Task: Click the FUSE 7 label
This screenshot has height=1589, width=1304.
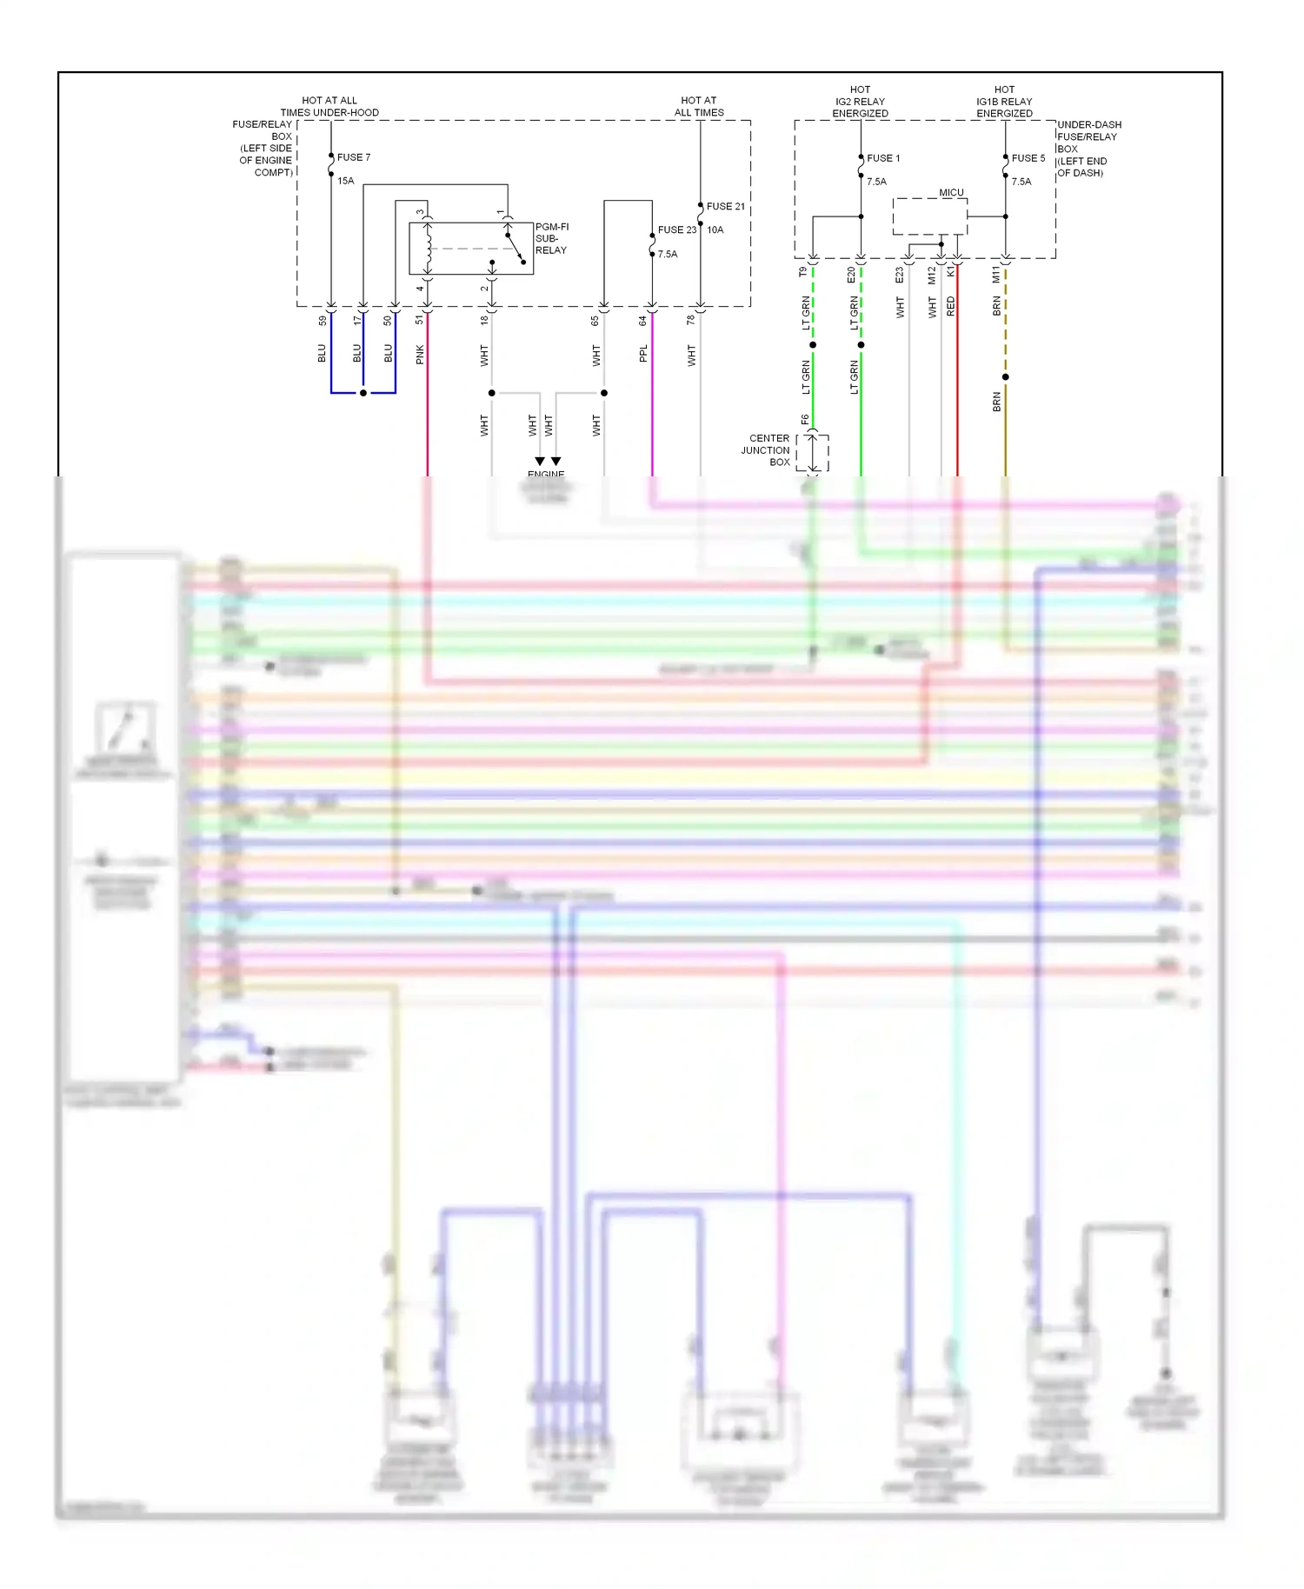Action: (353, 157)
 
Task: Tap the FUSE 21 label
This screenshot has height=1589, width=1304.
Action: (725, 206)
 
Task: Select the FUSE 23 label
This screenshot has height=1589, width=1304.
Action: (676, 229)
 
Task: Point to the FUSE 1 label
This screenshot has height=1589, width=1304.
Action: (883, 158)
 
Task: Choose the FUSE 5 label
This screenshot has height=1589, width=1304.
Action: (1028, 158)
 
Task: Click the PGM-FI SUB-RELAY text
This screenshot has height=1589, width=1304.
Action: (551, 238)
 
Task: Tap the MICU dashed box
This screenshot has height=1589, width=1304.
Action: (929, 216)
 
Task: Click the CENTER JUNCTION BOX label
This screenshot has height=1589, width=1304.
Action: (766, 450)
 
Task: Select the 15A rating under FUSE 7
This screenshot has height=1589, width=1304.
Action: (346, 181)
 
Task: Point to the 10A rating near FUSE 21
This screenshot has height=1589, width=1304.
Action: (715, 229)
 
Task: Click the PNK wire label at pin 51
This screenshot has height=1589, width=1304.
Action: (420, 354)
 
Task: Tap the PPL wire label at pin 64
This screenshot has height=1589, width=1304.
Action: (643, 354)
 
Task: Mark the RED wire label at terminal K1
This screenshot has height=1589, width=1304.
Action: (950, 306)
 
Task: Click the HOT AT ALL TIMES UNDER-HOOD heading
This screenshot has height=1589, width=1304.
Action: (329, 106)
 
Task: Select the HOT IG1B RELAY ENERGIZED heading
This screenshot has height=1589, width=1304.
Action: (1004, 102)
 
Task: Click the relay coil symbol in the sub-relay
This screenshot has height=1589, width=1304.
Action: (428, 248)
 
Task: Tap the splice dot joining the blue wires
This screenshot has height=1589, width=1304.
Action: (363, 393)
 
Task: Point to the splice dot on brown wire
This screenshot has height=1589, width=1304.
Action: (1005, 377)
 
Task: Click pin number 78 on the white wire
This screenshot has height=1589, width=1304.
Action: (691, 320)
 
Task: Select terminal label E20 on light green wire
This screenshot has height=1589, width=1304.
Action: (851, 275)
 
